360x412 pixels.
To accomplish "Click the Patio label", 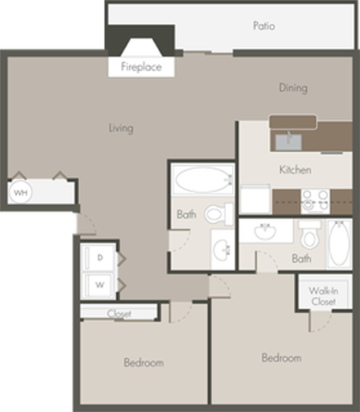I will (x=264, y=26).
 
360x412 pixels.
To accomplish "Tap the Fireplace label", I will (x=141, y=66).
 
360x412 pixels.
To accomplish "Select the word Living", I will (x=121, y=128).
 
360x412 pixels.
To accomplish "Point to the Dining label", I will (x=293, y=88).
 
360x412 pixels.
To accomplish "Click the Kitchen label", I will (x=295, y=169).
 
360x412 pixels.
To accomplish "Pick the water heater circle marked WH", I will (x=20, y=192).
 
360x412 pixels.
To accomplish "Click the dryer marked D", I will (x=100, y=257).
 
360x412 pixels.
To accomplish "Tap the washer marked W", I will (x=100, y=283).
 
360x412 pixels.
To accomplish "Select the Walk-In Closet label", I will (x=321, y=296).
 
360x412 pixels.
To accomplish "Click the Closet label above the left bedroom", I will (x=119, y=314).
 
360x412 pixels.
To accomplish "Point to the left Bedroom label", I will (x=143, y=362).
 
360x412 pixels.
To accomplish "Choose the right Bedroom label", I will (x=281, y=357).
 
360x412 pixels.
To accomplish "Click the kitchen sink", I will (x=289, y=137).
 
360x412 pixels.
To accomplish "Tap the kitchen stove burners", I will (x=315, y=200).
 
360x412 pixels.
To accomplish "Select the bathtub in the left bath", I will (x=202, y=181).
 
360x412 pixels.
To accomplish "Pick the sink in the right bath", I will (x=265, y=232).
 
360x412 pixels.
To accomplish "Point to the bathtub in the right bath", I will (x=335, y=245).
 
